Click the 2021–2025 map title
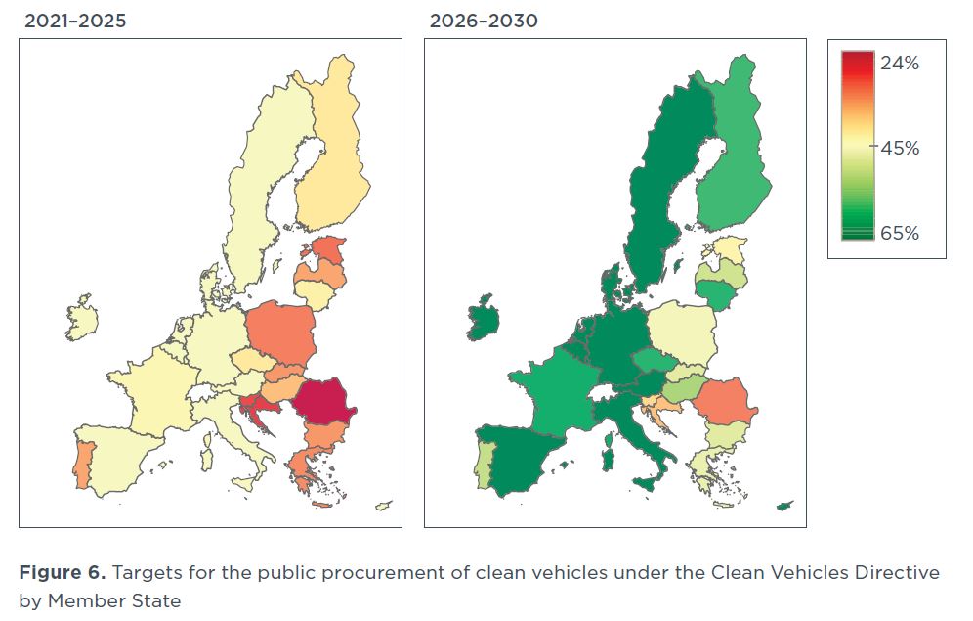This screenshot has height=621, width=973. pos(75,21)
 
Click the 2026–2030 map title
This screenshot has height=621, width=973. pos(484,21)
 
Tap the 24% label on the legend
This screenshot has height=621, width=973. pos(899,64)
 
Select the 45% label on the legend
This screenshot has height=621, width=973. pos(899,149)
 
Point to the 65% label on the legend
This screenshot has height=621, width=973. pos(899,233)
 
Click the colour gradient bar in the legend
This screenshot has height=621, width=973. pos(857,147)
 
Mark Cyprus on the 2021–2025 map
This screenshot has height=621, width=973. pos(384,506)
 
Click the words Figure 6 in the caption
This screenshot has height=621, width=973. pos(60,572)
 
